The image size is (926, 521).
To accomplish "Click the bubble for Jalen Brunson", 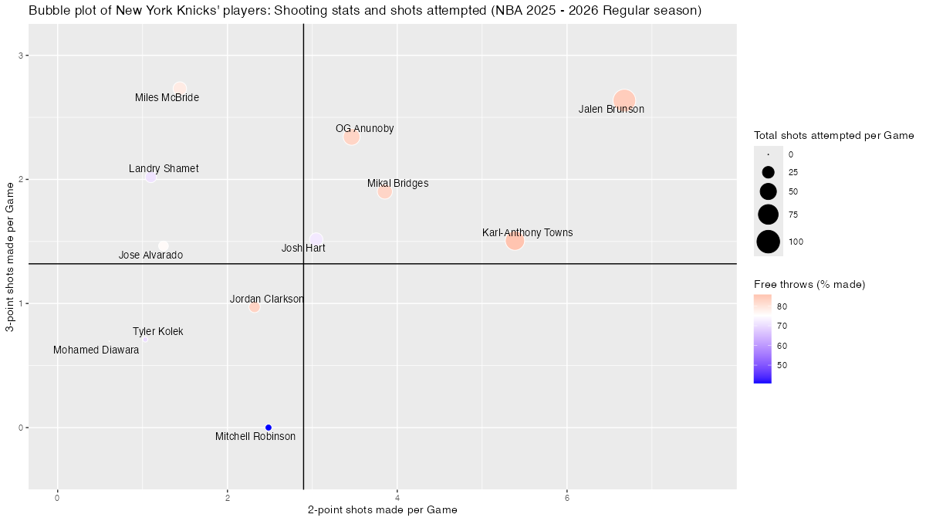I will [624, 100].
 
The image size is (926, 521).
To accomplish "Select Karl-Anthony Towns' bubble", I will [515, 240].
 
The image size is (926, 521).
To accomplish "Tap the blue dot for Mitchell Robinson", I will [269, 427].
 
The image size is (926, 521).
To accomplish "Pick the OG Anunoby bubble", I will [352, 137].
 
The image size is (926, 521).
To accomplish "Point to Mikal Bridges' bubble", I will [385, 191].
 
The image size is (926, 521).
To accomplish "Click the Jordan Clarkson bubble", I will [255, 306].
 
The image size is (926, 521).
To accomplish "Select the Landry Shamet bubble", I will [151, 178].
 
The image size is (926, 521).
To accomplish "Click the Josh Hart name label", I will [303, 249].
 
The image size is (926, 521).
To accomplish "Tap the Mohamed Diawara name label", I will [96, 350].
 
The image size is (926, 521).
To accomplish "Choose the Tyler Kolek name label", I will [158, 332].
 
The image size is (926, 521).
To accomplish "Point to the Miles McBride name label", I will [167, 98].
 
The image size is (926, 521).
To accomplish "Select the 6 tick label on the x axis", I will [567, 496].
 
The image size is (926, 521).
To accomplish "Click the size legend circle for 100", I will [768, 242].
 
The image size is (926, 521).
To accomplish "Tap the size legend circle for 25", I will [768, 172].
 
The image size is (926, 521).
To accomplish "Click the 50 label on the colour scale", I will [782, 365].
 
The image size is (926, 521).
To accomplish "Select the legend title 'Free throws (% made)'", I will [809, 285].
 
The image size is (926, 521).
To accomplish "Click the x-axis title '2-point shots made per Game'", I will [383, 510].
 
